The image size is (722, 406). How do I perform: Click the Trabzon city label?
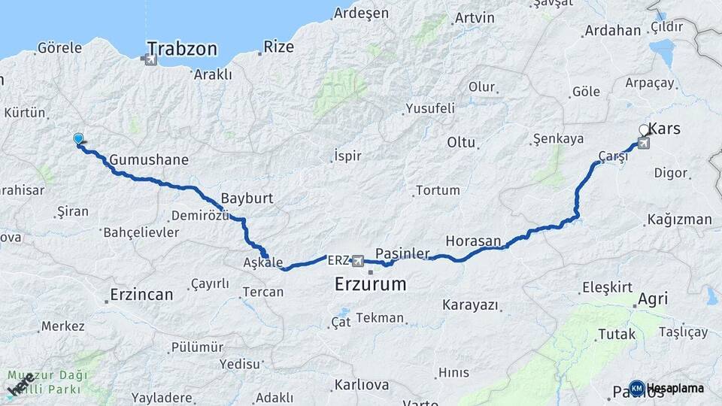point(182,50)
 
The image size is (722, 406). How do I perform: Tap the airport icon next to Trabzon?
point(150,60)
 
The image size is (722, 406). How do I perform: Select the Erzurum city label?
point(371,284)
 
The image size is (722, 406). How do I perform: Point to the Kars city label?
point(664,129)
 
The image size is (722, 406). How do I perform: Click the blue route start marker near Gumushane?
point(79,138)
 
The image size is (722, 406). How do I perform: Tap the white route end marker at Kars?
point(645,130)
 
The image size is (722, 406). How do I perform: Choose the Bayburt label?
point(247,199)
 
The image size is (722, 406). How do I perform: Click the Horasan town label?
point(473,241)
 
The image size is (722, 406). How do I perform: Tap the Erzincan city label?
point(141,294)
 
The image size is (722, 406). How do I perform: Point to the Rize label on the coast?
point(278,47)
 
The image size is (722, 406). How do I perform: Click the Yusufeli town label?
point(430,108)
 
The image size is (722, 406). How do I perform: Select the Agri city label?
point(652,298)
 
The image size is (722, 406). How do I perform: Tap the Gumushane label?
point(148,160)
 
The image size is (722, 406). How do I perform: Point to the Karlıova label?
point(362,385)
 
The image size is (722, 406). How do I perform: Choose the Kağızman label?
point(678,220)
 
